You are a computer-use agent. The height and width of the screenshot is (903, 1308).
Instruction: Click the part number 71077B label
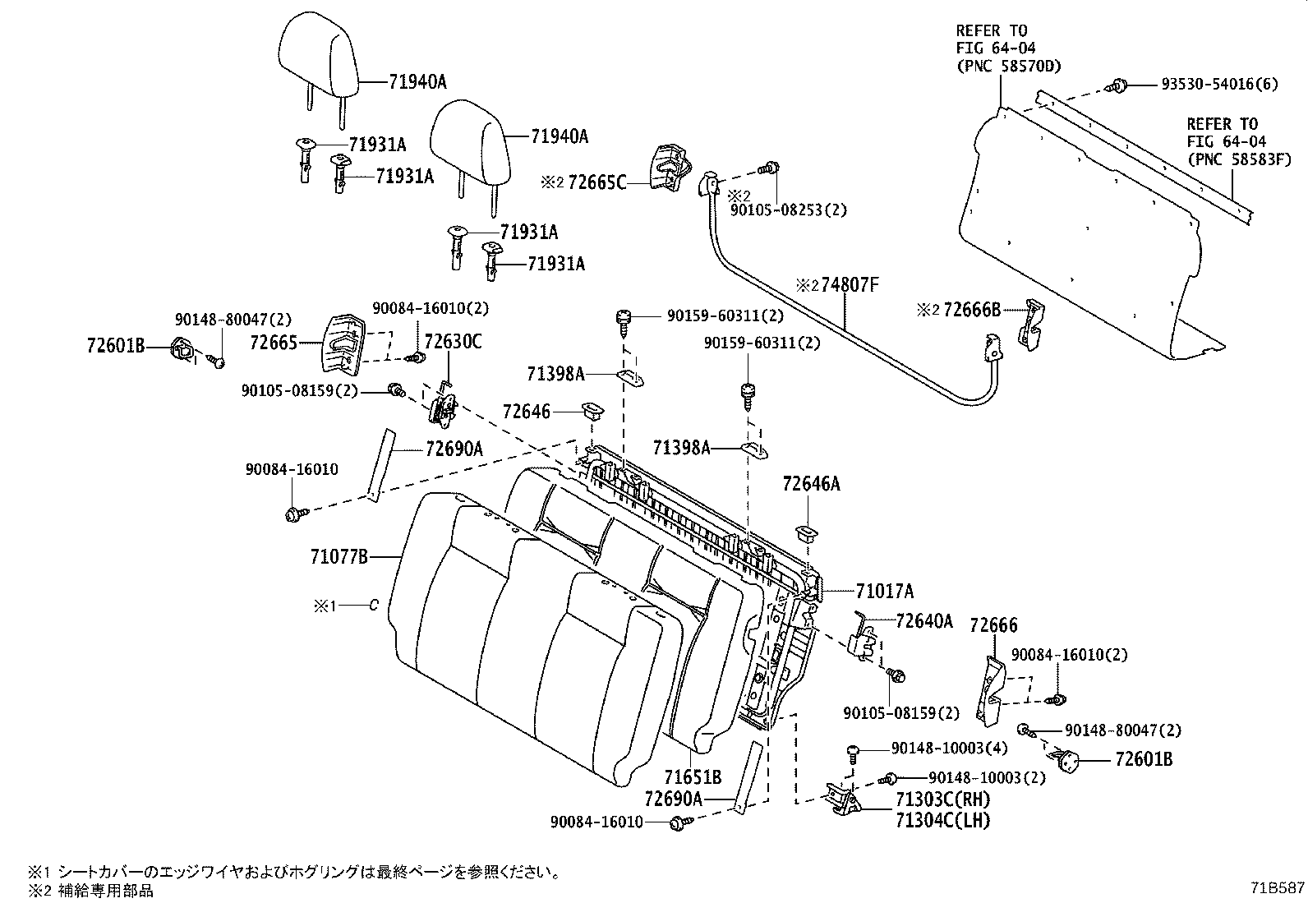pyautogui.click(x=339, y=557)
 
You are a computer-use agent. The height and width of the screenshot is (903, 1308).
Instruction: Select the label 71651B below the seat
pyautogui.click(x=693, y=776)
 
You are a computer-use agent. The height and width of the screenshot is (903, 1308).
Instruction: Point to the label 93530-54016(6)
pyautogui.click(x=1219, y=85)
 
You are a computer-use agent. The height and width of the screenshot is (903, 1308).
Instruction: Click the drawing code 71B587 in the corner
pyautogui.click(x=1278, y=888)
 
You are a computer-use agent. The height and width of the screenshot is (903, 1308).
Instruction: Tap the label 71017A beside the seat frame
pyautogui.click(x=884, y=591)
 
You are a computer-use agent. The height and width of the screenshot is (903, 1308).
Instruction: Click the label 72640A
pyautogui.click(x=923, y=621)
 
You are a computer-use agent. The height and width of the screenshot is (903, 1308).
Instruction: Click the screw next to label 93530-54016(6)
pyautogui.click(x=1117, y=85)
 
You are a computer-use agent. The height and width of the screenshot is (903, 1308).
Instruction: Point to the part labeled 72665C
pyautogui.click(x=669, y=168)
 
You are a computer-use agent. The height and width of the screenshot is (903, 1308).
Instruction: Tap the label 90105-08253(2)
pyautogui.click(x=788, y=210)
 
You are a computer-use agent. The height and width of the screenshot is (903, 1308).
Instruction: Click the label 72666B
pyautogui.click(x=973, y=310)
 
